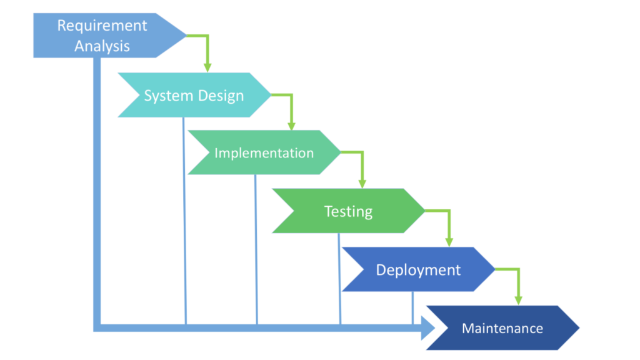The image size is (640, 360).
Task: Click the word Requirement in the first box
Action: tap(102, 26)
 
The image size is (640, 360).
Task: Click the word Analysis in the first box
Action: tap(102, 46)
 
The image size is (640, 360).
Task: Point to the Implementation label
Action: tap(264, 153)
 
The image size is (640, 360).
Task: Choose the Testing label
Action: tap(348, 211)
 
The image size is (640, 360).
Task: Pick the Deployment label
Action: tap(418, 270)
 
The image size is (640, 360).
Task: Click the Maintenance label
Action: tap(502, 328)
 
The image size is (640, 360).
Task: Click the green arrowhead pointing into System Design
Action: tap(207, 66)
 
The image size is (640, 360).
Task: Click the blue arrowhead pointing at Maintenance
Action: tap(428, 327)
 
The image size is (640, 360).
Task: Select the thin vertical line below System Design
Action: tap(184, 219)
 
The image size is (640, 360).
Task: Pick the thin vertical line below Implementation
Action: tap(256, 250)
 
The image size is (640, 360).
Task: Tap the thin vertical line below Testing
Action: tap(339, 278)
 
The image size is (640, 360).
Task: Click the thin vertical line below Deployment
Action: tap(412, 307)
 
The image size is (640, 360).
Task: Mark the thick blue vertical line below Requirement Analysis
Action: tap(97, 187)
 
